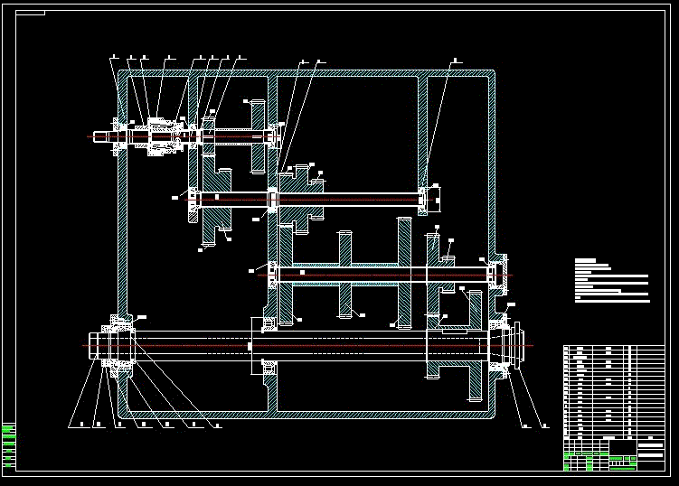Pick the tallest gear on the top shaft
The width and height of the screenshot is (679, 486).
[x=258, y=136]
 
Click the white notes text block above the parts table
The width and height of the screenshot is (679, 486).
[x=611, y=280]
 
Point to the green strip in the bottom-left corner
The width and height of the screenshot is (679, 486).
[x=8, y=444]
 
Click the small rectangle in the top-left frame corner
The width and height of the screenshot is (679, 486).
[x=31, y=14]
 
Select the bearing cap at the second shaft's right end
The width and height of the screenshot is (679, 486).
[x=431, y=198]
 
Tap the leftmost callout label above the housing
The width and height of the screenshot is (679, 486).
[x=113, y=58]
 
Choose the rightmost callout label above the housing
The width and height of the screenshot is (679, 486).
[x=455, y=61]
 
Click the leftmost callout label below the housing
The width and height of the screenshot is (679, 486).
[x=71, y=424]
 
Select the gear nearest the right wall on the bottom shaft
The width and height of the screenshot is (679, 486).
[x=475, y=346]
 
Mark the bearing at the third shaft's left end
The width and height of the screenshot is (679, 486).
[x=270, y=271]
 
